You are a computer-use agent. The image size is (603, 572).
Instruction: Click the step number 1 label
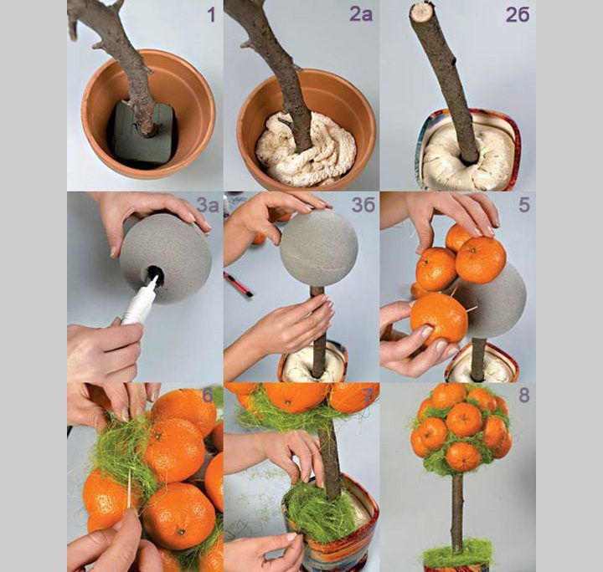tap(211, 15)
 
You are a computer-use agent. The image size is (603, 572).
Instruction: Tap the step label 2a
tap(361, 14)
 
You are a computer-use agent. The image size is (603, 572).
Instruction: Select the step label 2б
tap(518, 14)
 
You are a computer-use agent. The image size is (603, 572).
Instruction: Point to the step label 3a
tap(208, 206)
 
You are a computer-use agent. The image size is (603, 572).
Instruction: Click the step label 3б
tap(363, 205)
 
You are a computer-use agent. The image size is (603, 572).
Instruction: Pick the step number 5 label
tap(523, 205)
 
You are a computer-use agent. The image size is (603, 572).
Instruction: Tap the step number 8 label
tap(523, 396)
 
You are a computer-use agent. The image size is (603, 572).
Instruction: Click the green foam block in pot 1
tap(142, 135)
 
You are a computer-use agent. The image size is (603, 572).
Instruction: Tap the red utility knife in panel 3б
tap(238, 284)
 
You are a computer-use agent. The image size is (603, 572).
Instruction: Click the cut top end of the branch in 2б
tap(420, 12)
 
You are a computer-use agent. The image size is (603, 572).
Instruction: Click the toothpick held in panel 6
tap(129, 488)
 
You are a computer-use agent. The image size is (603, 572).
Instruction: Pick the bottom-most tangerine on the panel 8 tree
tap(463, 457)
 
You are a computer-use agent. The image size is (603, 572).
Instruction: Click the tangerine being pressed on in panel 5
tap(438, 319)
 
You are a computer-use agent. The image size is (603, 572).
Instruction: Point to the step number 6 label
tap(208, 396)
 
